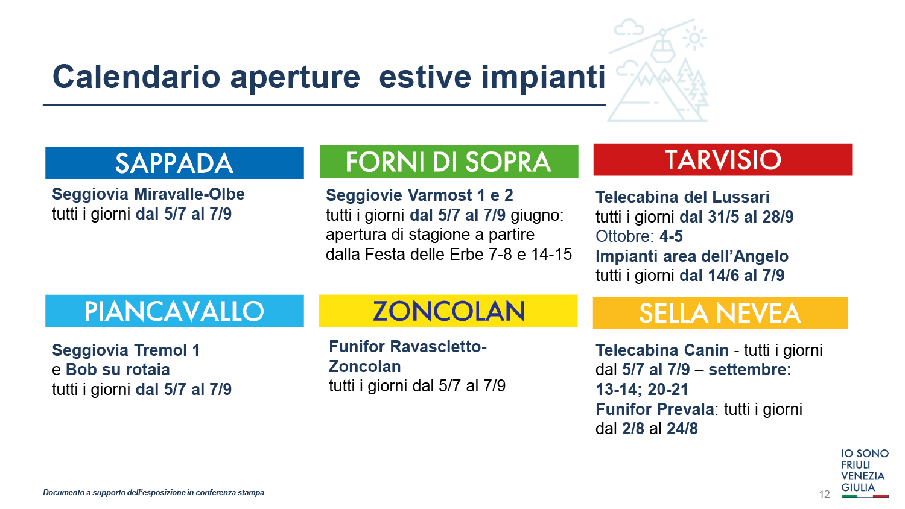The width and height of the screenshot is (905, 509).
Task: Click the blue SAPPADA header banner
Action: coord(174,163)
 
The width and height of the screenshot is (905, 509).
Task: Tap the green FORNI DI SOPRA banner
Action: coord(449,162)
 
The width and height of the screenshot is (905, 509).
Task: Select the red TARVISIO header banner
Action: coord(722,160)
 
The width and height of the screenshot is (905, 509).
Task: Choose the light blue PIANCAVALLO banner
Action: coord(174,311)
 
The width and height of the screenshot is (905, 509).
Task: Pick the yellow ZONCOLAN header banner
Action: coord(448,311)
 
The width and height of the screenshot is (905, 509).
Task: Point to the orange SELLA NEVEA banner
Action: coord(720,313)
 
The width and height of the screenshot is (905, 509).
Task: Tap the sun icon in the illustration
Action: coord(694,39)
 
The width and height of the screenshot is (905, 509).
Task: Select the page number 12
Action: coord(824,494)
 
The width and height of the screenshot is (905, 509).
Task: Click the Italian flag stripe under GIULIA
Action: coord(865,496)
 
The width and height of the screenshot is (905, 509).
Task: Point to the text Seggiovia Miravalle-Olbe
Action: coord(148,194)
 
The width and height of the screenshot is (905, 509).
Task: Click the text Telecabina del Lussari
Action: coord(682,197)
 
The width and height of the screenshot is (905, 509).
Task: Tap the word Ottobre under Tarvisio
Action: coord(624,236)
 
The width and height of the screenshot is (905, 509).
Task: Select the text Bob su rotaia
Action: coord(118,370)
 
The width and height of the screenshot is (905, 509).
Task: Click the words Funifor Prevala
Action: coord(655,409)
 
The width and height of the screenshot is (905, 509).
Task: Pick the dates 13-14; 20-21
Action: coord(642,390)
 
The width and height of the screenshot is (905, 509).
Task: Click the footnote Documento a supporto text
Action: coord(153,493)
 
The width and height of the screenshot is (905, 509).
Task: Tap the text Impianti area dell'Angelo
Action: coord(692,256)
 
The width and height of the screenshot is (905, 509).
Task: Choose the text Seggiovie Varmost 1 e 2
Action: coord(419,195)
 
